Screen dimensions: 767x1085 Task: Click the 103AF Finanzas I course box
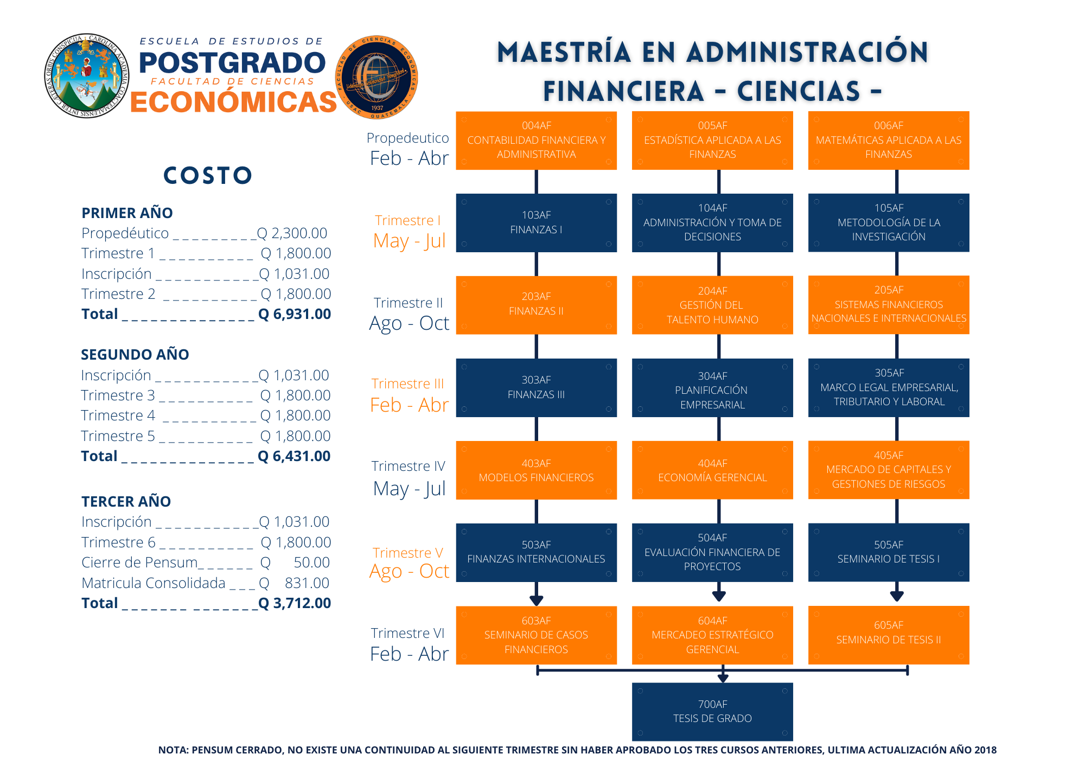point(536,223)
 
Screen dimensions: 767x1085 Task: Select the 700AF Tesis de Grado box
point(712,711)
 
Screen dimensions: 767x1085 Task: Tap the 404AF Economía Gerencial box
point(712,470)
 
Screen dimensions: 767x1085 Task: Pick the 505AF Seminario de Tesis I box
point(888,552)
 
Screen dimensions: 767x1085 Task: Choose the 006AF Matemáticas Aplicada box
point(888,140)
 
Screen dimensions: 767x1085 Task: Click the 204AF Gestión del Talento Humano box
point(712,305)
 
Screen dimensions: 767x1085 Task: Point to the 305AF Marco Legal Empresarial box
point(888,387)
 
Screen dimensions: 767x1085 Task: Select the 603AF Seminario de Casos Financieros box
point(536,635)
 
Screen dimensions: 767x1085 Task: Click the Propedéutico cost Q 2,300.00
point(292,233)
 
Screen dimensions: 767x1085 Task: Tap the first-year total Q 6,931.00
point(295,314)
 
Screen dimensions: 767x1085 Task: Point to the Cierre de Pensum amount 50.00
point(311,563)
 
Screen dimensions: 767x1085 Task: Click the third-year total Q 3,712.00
point(295,603)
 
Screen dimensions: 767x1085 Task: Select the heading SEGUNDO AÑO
point(135,355)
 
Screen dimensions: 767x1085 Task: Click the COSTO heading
point(208,176)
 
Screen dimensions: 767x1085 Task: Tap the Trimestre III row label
point(408,384)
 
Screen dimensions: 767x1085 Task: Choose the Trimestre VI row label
point(408,634)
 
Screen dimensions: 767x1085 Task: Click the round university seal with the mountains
point(86,76)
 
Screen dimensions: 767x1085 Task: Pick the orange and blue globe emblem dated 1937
point(376,78)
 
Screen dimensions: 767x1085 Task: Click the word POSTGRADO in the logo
point(232,63)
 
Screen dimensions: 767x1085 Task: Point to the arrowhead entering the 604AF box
point(719,596)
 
